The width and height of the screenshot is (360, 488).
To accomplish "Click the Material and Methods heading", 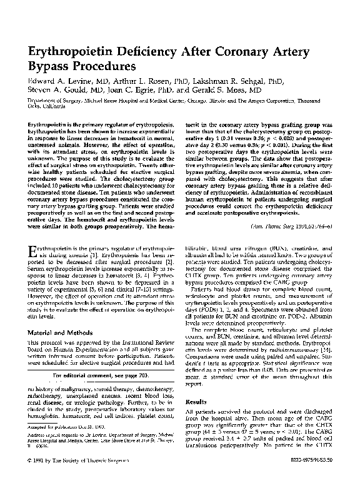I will pos(59,332).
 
